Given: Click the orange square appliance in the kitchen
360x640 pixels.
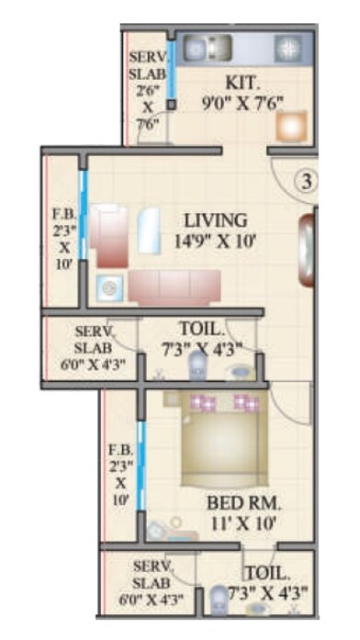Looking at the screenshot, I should (290, 126).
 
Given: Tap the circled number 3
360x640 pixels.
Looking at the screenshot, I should (307, 179).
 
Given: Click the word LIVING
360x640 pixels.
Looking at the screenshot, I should (215, 221).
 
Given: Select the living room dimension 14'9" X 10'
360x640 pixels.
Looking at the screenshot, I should (215, 241).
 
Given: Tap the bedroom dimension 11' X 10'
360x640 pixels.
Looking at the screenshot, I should (243, 524).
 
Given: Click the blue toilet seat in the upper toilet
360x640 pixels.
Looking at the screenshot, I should (197, 366).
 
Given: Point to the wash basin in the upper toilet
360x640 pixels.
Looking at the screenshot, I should (241, 374).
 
